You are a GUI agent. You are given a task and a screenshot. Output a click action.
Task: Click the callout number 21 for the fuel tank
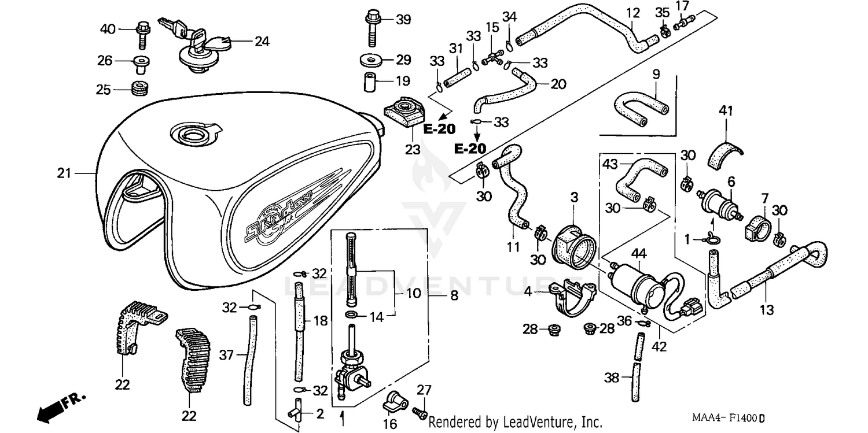pos(64,173)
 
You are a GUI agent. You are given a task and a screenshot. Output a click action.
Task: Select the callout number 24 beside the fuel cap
pos(262,42)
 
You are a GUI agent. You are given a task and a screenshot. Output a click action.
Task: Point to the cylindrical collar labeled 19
pos(370,83)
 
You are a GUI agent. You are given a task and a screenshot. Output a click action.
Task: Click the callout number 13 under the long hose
pos(767,311)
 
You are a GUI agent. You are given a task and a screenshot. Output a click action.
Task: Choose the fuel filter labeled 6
pos(718,203)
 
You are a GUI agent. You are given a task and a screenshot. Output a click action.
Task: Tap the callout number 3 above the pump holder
pos(574,198)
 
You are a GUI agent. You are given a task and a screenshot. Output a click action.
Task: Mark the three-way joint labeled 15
pos(492,58)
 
